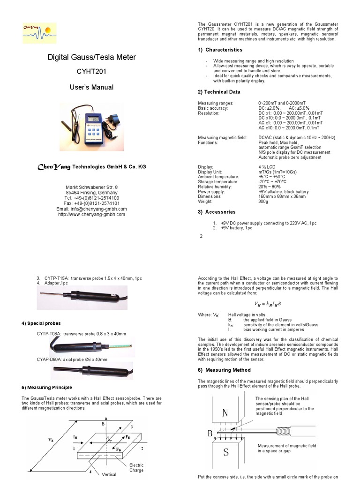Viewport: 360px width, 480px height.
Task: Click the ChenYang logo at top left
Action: pyautogui.click(x=39, y=33)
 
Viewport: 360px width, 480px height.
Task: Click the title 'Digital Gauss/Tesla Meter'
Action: pyautogui.click(x=92, y=57)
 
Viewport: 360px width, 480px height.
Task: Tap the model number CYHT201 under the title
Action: pyautogui.click(x=92, y=72)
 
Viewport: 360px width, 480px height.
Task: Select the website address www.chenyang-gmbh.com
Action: pyautogui.click(x=91, y=214)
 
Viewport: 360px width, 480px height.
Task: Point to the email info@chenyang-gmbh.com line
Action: pyautogui.click(x=91, y=209)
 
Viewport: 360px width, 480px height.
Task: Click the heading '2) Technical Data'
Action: pyautogui.click(x=219, y=92)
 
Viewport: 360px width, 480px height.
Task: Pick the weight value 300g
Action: pyautogui.click(x=264, y=202)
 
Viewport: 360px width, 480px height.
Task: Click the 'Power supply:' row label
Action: pyautogui.click(x=213, y=192)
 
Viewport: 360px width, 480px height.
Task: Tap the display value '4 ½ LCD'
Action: pyautogui.click(x=267, y=167)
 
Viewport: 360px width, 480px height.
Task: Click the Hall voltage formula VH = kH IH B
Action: pyautogui.click(x=268, y=304)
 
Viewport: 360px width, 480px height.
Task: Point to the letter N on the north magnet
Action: pyautogui.click(x=225, y=413)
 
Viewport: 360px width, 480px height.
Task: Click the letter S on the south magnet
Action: pyautogui.click(x=225, y=453)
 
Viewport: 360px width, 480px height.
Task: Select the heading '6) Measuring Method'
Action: pyautogui.click(x=224, y=370)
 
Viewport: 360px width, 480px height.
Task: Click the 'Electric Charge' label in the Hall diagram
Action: pyautogui.click(x=136, y=467)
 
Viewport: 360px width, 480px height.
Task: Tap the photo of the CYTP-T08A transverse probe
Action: pyautogui.click(x=92, y=347)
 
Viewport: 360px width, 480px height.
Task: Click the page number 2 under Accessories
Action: pyautogui.click(x=201, y=236)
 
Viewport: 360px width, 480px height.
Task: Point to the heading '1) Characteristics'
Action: pyautogui.click(x=220, y=50)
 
